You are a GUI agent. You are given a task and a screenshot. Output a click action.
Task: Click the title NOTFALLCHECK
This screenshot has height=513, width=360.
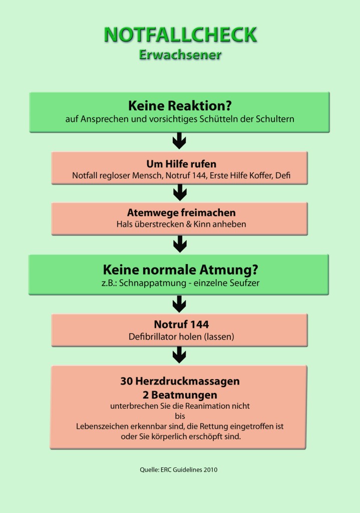tap(180, 35)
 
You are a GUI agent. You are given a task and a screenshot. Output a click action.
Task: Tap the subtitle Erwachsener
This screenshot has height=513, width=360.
tap(180, 54)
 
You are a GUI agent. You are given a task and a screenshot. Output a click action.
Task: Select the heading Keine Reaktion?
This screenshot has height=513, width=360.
tap(180, 106)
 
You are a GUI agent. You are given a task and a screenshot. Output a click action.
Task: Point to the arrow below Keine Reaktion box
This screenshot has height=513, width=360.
tap(179, 141)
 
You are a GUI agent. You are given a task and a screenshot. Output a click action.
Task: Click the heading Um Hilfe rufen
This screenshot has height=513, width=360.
tap(181, 164)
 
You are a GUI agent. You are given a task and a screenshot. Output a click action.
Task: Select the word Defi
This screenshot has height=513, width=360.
tap(283, 175)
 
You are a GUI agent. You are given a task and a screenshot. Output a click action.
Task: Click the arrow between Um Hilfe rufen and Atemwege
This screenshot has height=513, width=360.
tap(180, 192)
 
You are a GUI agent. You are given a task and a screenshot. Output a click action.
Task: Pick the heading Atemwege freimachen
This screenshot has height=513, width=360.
tap(181, 212)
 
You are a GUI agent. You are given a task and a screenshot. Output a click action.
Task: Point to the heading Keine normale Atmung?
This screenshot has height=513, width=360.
tap(180, 270)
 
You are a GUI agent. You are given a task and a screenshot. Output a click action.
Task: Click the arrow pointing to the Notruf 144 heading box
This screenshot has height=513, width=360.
tap(179, 304)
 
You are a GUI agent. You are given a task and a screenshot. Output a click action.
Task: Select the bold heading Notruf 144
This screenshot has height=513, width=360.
tap(181, 324)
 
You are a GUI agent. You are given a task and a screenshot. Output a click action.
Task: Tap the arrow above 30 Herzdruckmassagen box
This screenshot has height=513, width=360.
tap(179, 355)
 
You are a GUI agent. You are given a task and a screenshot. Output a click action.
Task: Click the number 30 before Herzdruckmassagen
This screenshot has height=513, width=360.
tap(126, 381)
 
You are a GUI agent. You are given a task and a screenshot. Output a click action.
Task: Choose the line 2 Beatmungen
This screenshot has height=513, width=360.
tap(180, 395)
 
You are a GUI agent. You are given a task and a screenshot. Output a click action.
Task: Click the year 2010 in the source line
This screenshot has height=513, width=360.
tap(210, 470)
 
